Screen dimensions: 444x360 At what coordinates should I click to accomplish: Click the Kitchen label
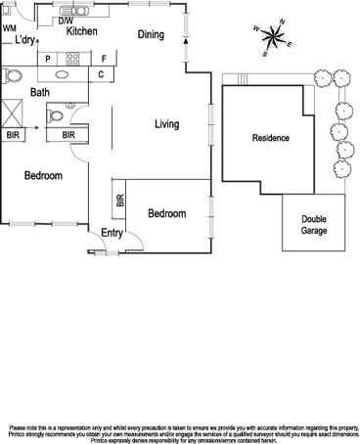[x=81, y=32]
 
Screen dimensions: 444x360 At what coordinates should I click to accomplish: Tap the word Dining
[x=151, y=35]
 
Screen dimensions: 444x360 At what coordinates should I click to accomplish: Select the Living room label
[x=169, y=124]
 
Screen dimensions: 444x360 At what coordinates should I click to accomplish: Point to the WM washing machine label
[x=10, y=28]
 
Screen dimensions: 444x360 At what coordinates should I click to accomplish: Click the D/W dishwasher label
[x=66, y=20]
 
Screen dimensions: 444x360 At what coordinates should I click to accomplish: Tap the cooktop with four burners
[x=71, y=59]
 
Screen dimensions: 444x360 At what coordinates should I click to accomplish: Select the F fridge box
[x=103, y=59]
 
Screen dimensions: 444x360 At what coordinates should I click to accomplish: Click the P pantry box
[x=47, y=59]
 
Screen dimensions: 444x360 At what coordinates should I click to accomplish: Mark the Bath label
[x=39, y=93]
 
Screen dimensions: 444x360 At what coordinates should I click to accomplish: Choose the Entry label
[x=112, y=233]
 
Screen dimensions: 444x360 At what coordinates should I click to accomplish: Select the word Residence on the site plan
[x=271, y=138]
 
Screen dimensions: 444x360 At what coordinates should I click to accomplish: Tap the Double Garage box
[x=314, y=225]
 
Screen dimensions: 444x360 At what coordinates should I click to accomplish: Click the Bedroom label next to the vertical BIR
[x=166, y=213]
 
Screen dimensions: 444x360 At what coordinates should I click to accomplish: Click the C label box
[x=102, y=74]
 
